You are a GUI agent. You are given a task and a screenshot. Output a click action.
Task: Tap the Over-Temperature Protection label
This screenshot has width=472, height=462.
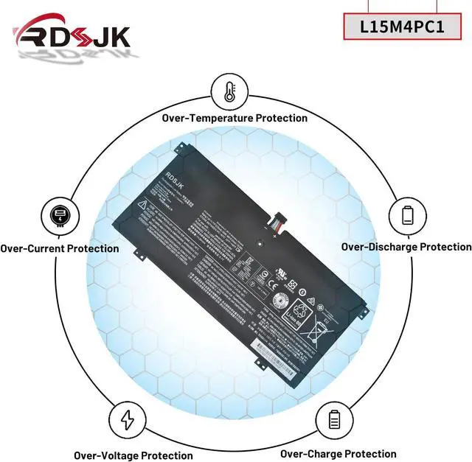pos(235,118)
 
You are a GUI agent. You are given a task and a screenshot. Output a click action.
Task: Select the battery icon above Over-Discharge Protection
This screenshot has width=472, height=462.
pos(407,216)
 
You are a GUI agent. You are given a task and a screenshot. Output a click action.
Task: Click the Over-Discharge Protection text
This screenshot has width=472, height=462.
pos(406,247)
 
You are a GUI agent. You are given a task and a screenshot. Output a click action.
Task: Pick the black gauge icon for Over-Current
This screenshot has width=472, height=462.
pos(58,216)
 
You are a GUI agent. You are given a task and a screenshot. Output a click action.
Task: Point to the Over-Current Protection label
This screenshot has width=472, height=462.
pos(60,248)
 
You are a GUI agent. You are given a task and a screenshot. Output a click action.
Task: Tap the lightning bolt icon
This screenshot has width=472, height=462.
pos(127,420)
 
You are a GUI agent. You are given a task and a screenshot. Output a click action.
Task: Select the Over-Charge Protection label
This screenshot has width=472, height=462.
pos(338,454)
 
